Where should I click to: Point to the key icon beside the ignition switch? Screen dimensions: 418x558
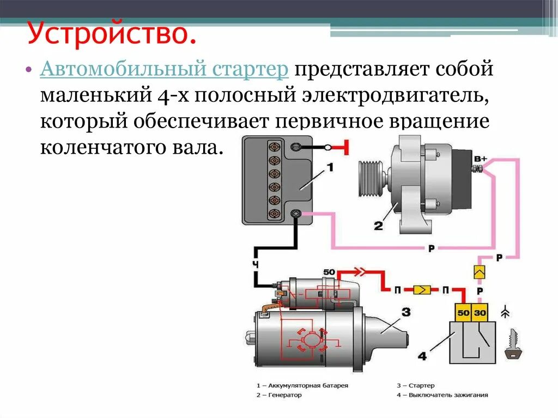coord(513,345)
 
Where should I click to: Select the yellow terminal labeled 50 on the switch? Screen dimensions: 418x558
coord(463,313)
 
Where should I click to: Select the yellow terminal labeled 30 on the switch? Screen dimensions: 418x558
coord(481,313)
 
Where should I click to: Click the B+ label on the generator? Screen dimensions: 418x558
coord(480,159)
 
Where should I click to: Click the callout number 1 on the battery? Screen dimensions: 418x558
coord(330,168)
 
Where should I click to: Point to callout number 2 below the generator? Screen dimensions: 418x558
coord(378,225)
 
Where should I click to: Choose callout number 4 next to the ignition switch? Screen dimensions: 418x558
coord(422,356)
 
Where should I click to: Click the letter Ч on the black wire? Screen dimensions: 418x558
coord(254,265)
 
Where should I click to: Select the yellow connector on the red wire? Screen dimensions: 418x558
coord(421,289)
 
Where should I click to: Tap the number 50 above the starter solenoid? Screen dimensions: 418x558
coord(329,272)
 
